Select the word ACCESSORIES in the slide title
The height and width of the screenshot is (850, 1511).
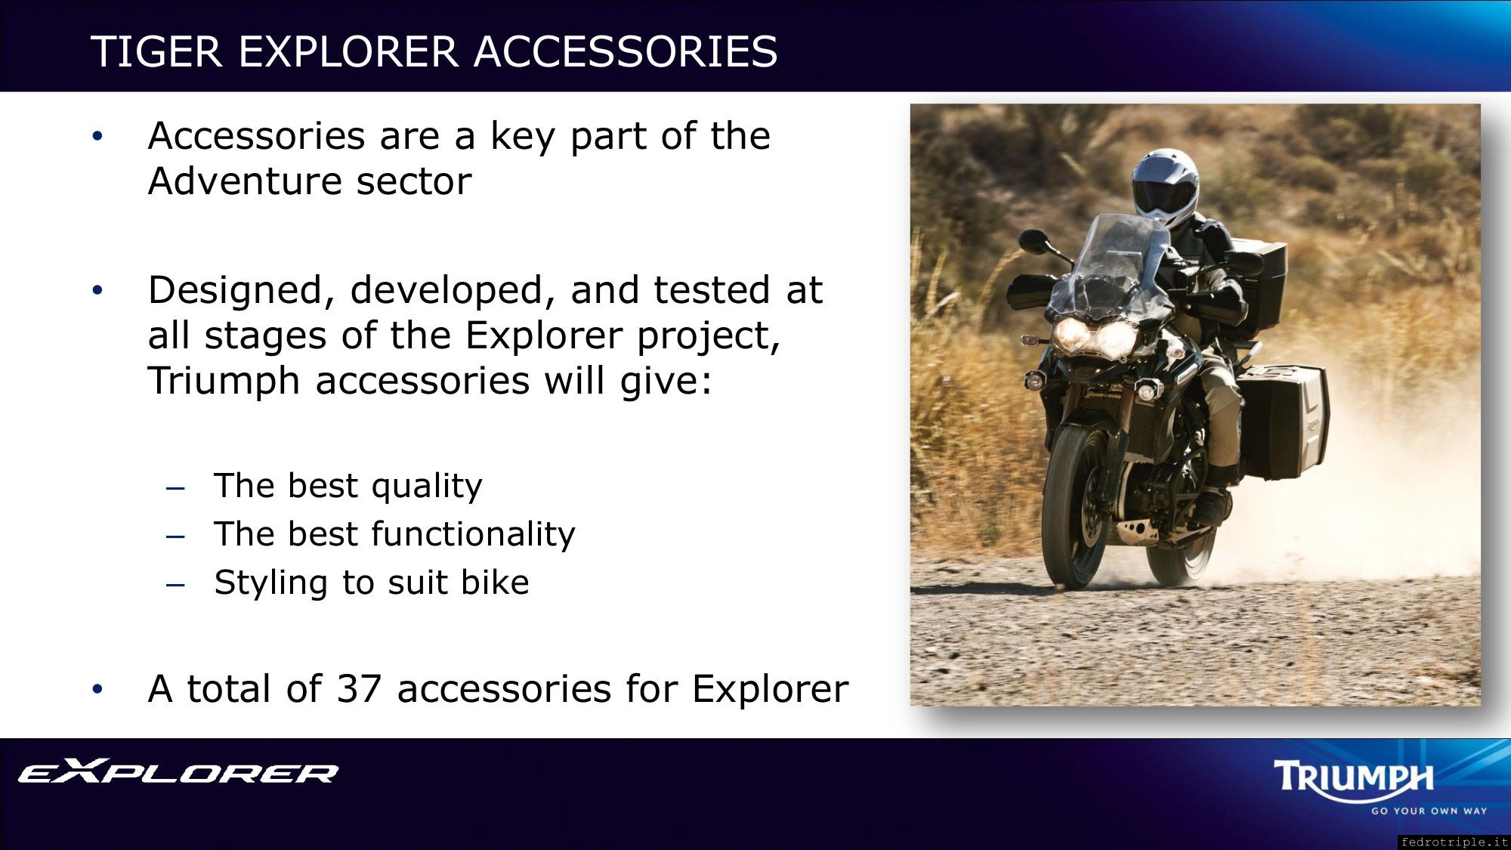pyautogui.click(x=626, y=51)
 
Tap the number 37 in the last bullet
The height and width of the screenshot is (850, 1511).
pyautogui.click(x=359, y=688)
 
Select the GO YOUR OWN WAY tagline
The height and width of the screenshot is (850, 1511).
pyautogui.click(x=1429, y=811)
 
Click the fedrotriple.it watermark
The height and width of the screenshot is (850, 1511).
pyautogui.click(x=1454, y=842)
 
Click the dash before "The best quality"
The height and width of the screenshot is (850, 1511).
pyautogui.click(x=175, y=489)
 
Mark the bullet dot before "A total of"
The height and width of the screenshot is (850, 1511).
pyautogui.click(x=97, y=689)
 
